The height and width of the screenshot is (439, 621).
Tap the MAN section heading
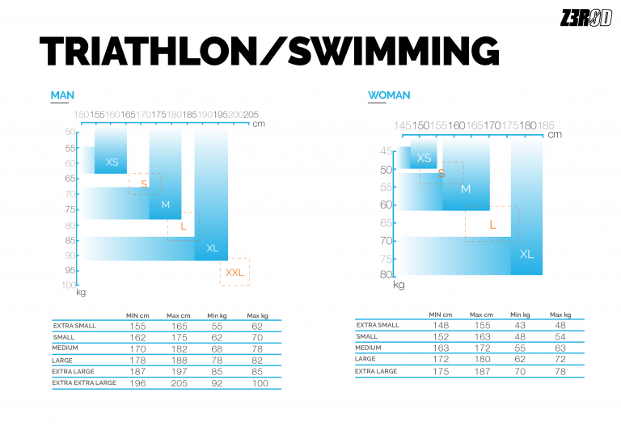click(62, 95)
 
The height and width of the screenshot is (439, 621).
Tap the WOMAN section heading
click(389, 95)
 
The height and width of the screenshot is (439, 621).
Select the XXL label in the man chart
click(234, 272)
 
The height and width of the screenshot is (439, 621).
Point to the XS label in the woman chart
click(424, 158)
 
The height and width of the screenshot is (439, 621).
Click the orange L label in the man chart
click(184, 226)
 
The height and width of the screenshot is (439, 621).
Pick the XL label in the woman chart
click(526, 255)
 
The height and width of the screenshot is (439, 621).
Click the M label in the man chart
click(166, 205)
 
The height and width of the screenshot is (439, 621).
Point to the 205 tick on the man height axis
click(251, 115)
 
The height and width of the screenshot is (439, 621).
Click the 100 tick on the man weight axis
click(68, 285)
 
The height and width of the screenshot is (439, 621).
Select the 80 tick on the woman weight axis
click(386, 275)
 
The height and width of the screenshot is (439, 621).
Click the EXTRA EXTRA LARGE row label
click(84, 382)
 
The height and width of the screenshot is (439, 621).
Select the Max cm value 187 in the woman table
click(480, 371)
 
